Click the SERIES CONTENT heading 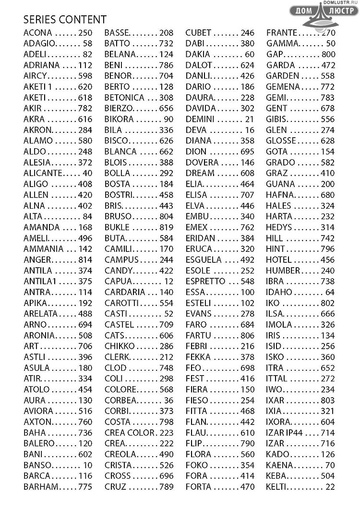click(65, 20)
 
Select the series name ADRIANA click(42, 65)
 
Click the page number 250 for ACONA click(85, 33)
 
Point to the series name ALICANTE click(43, 173)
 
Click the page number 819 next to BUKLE click(167, 227)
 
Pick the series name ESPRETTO click(205, 281)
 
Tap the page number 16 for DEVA click(250, 130)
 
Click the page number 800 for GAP click(329, 54)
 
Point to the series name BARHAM click(41, 487)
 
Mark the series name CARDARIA click(125, 292)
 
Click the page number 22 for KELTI click(330, 487)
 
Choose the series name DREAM click(200, 173)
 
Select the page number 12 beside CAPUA click(168, 281)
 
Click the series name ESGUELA click(204, 260)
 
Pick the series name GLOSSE click(281, 141)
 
